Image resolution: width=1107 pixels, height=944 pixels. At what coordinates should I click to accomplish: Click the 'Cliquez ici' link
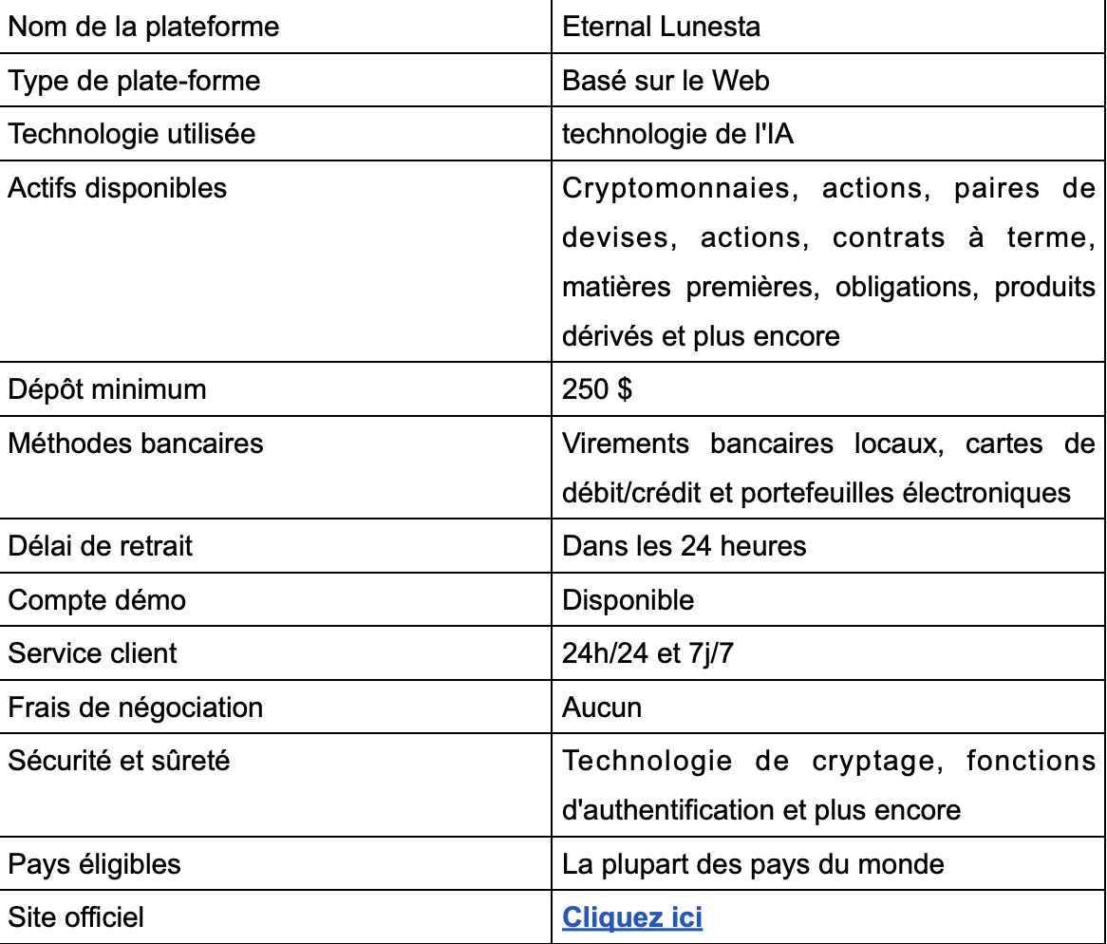(632, 918)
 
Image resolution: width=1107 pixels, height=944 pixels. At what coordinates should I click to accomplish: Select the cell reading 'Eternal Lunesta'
(661, 27)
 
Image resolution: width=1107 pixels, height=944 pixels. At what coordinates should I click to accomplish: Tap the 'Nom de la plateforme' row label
(143, 27)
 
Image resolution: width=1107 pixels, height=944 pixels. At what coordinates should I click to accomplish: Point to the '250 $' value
(597, 389)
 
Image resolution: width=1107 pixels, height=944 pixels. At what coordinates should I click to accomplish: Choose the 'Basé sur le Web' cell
(666, 81)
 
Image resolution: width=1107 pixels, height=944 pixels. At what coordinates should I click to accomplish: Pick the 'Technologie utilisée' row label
(132, 134)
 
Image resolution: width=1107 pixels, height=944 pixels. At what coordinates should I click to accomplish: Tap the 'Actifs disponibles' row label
(118, 188)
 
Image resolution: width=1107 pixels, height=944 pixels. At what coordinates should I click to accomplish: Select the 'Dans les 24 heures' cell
(684, 546)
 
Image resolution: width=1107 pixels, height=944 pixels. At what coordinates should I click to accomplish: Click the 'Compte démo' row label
(97, 600)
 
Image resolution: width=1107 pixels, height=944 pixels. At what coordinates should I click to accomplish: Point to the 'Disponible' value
(628, 600)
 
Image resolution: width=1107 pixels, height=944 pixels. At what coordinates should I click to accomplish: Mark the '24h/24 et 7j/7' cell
(647, 653)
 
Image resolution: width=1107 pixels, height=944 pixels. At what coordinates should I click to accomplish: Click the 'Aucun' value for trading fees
(602, 708)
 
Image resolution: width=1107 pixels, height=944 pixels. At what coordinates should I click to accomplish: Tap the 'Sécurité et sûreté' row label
(119, 761)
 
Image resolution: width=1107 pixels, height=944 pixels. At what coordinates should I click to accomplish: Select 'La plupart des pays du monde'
(753, 864)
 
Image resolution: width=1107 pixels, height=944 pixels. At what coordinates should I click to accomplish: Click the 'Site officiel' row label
(76, 917)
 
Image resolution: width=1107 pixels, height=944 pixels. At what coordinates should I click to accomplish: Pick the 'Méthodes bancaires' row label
(136, 444)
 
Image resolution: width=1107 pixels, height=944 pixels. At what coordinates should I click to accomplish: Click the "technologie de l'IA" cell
(678, 134)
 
